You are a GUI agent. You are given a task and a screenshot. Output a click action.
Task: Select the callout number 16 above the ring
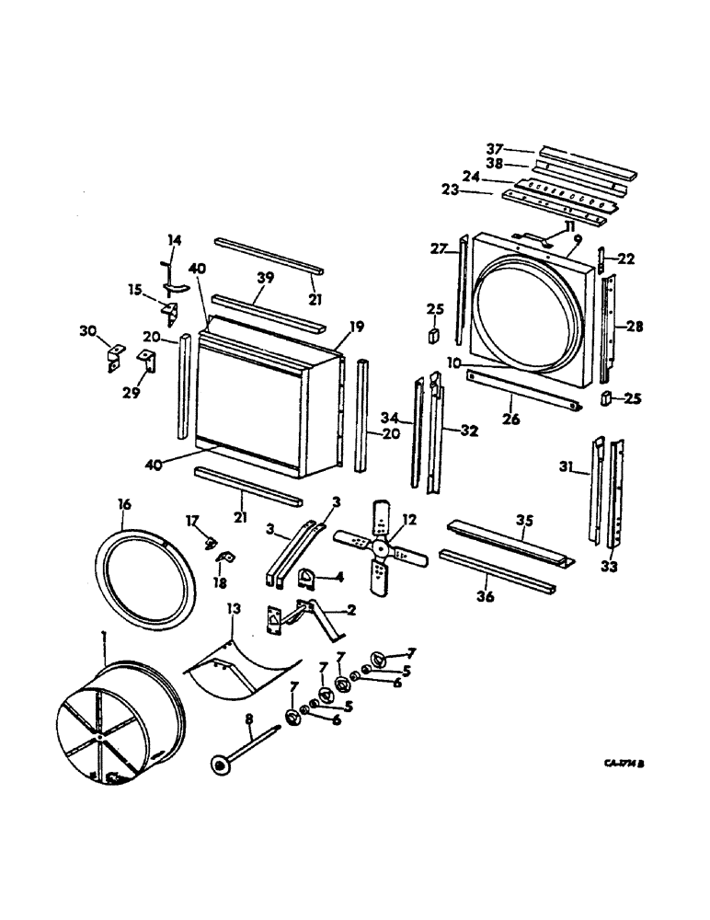pyautogui.click(x=125, y=505)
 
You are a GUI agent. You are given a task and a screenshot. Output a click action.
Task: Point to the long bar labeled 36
pyautogui.click(x=497, y=571)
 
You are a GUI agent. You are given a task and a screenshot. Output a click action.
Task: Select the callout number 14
pyautogui.click(x=174, y=240)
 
